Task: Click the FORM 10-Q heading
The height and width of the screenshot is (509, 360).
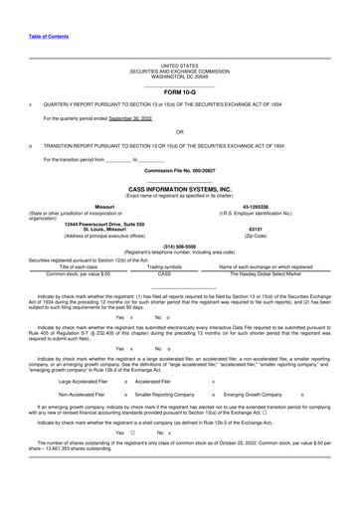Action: (x=179, y=91)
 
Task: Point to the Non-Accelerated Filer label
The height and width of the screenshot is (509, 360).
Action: (x=76, y=395)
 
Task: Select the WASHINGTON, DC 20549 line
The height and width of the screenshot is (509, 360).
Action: (x=179, y=76)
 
